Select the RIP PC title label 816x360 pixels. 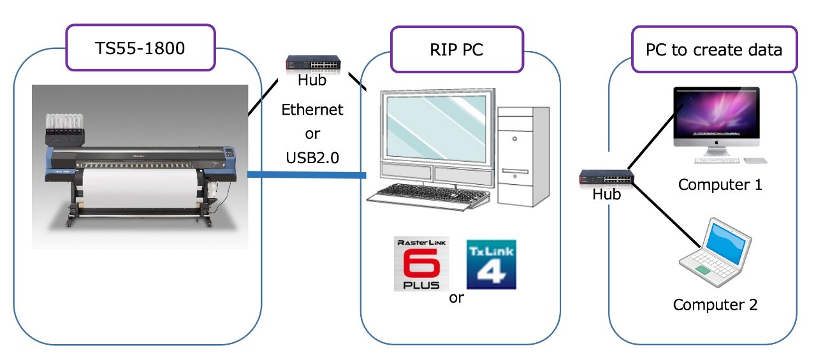pyautogui.click(x=456, y=49)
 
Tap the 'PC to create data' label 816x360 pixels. pyautogui.click(x=713, y=49)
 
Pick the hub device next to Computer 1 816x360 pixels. pyautogui.click(x=606, y=178)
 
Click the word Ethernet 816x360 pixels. pyautogui.click(x=312, y=110)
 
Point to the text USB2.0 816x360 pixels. pyautogui.click(x=312, y=157)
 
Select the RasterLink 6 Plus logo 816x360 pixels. pyautogui.click(x=421, y=264)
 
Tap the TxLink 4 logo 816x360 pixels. pyautogui.click(x=491, y=264)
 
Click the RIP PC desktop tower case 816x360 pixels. pyautogui.click(x=523, y=155)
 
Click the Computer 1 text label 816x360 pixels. pyautogui.click(x=720, y=185)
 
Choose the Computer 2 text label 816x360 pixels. pyautogui.click(x=715, y=305)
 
